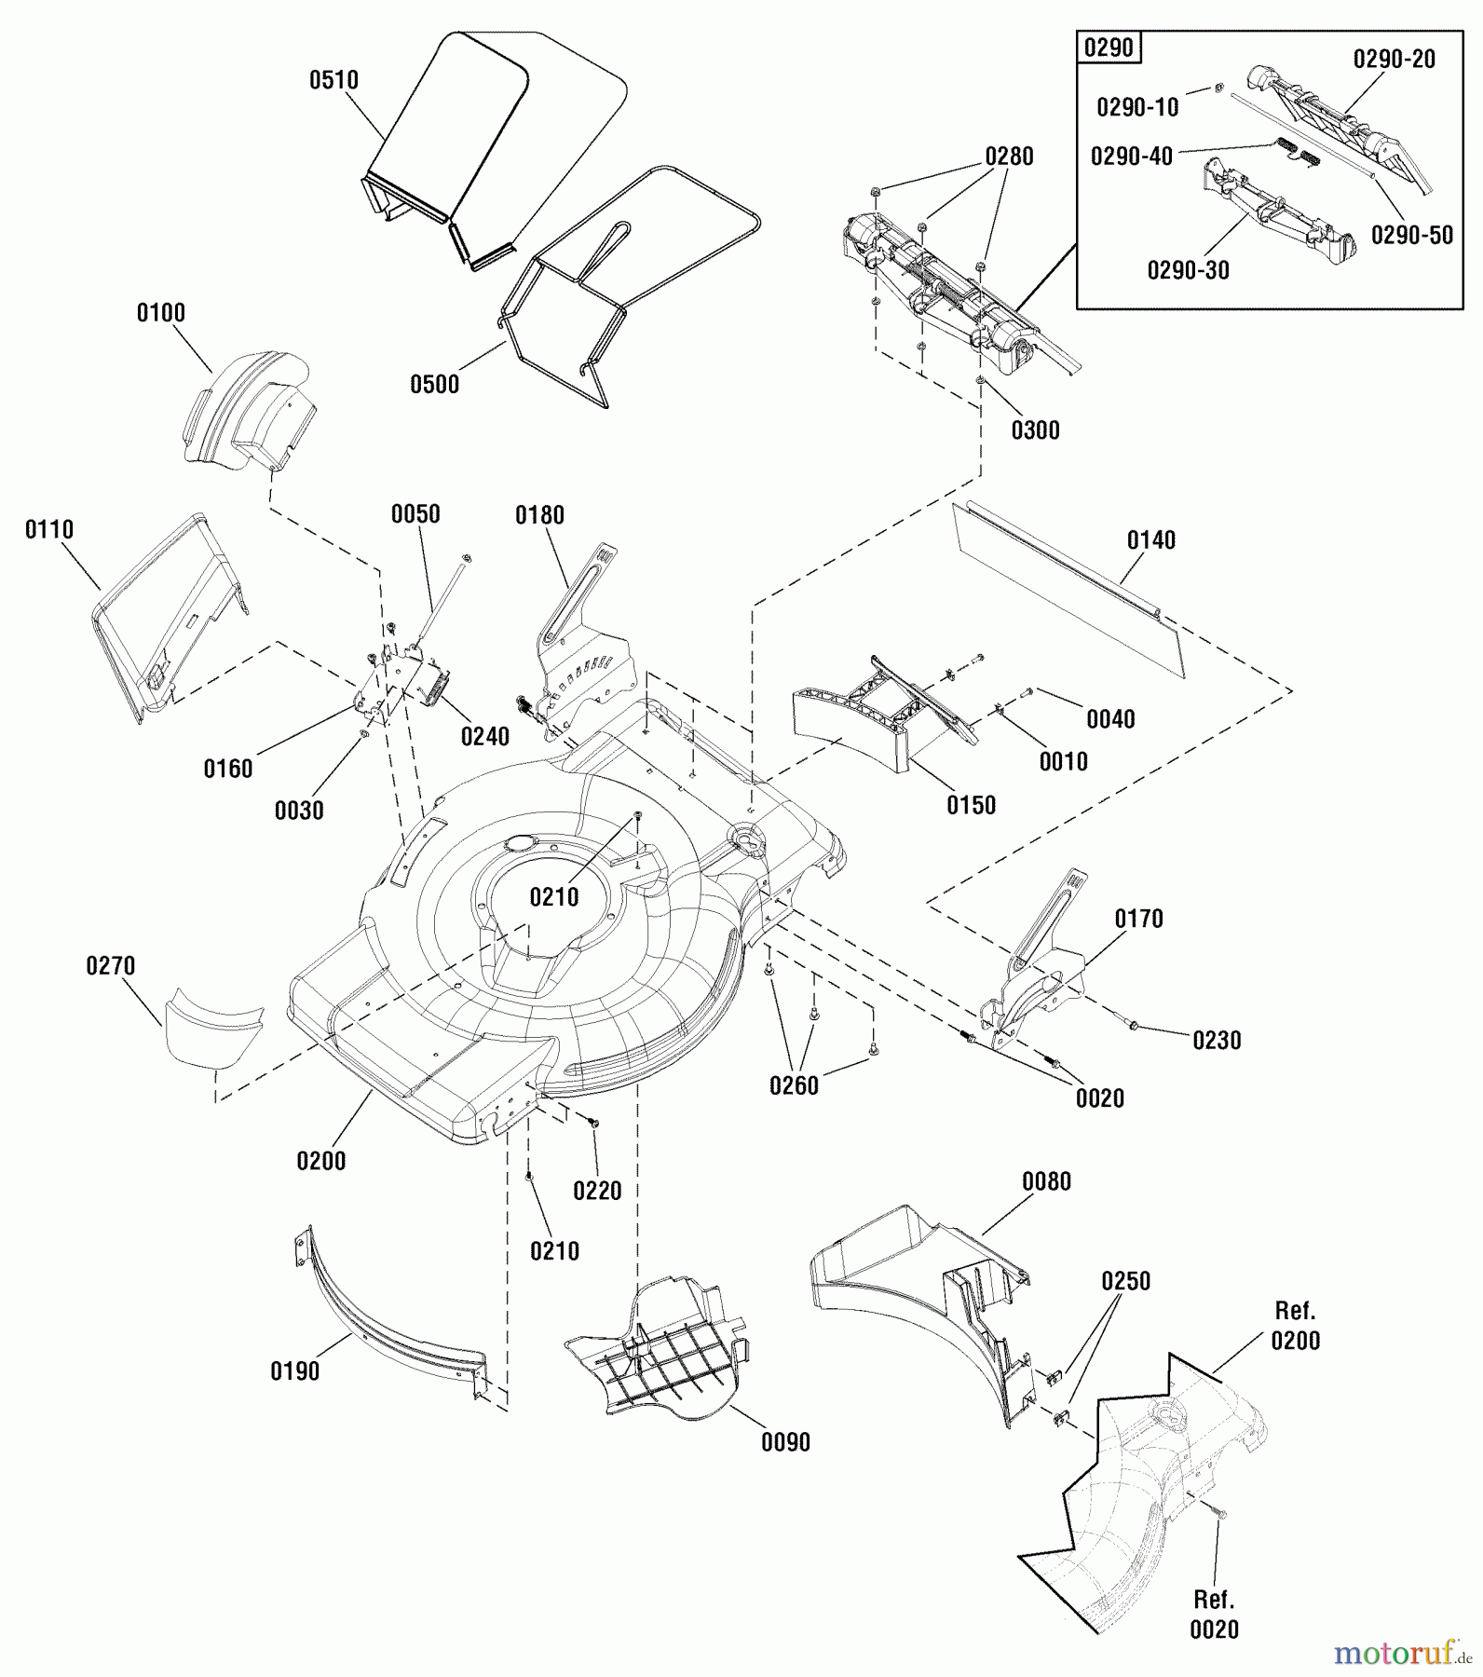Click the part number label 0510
[333, 81]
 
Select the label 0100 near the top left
[160, 313]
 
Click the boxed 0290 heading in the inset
[1109, 48]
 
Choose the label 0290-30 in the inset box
[1188, 271]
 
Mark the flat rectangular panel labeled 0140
[1071, 587]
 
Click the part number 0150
[971, 806]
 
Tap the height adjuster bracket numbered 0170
[1034, 978]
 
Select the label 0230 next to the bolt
[1217, 1041]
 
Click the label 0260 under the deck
[794, 1086]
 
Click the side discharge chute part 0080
[913, 1276]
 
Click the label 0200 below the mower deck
[320, 1162]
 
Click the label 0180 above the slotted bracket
[540, 515]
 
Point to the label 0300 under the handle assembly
[1035, 430]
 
